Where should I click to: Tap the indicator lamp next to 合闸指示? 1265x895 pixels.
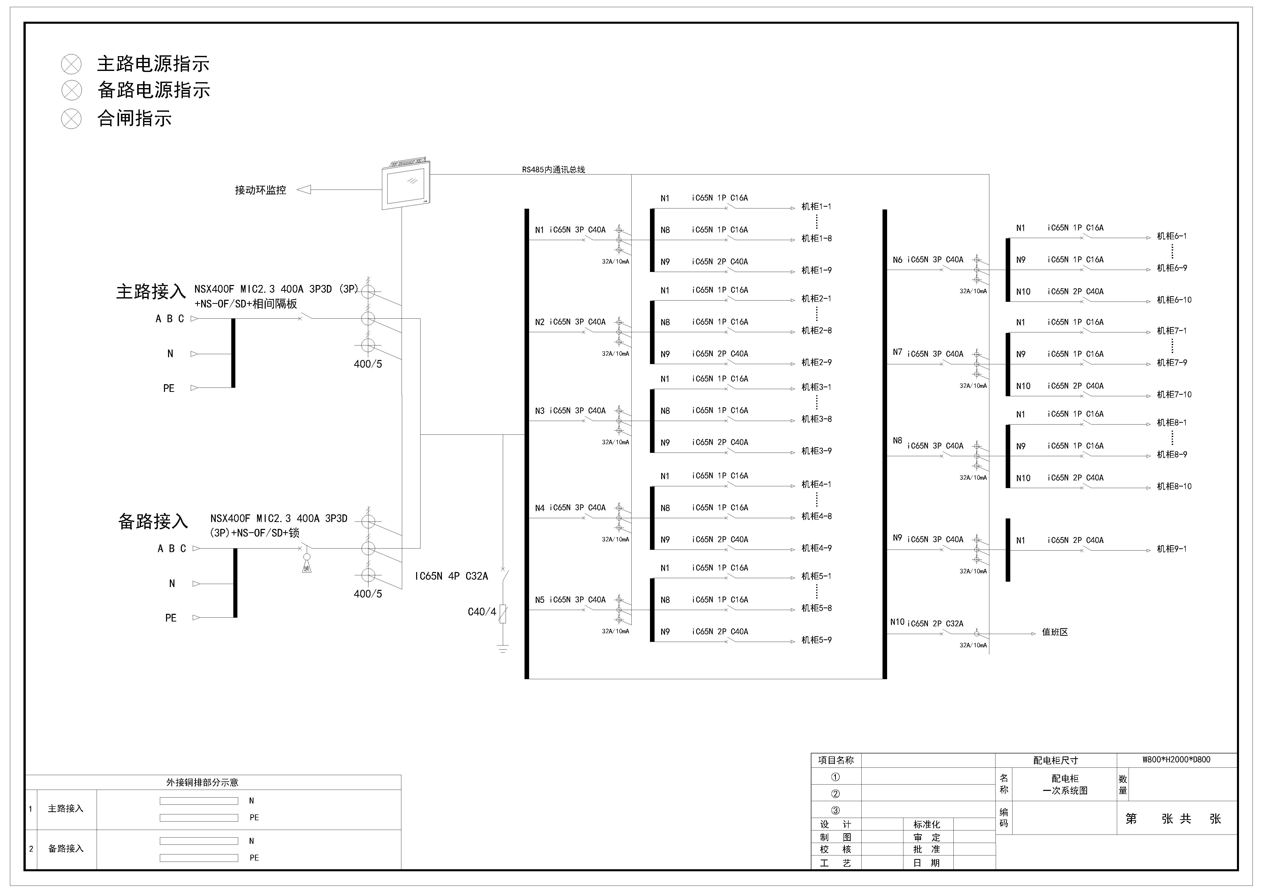pyautogui.click(x=71, y=118)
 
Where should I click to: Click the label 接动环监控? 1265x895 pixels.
pyautogui.click(x=261, y=190)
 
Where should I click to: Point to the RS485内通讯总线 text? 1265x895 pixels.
pyautogui.click(x=554, y=170)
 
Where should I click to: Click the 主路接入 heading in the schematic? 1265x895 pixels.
pyautogui.click(x=151, y=292)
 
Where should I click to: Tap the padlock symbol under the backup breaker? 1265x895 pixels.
pyautogui.click(x=307, y=565)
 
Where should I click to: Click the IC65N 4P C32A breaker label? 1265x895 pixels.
pyautogui.click(x=451, y=576)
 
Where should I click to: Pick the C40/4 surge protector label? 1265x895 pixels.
pyautogui.click(x=482, y=612)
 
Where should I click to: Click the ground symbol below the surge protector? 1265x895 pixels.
pyautogui.click(x=503, y=648)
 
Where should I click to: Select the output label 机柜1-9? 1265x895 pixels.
pyautogui.click(x=816, y=271)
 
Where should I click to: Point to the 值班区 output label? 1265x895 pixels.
pyautogui.click(x=1055, y=632)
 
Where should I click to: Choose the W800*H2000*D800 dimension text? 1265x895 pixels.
pyautogui.click(x=1176, y=760)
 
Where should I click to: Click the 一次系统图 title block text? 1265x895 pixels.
pyautogui.click(x=1065, y=790)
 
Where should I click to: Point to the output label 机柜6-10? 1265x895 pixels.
pyautogui.click(x=1174, y=300)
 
